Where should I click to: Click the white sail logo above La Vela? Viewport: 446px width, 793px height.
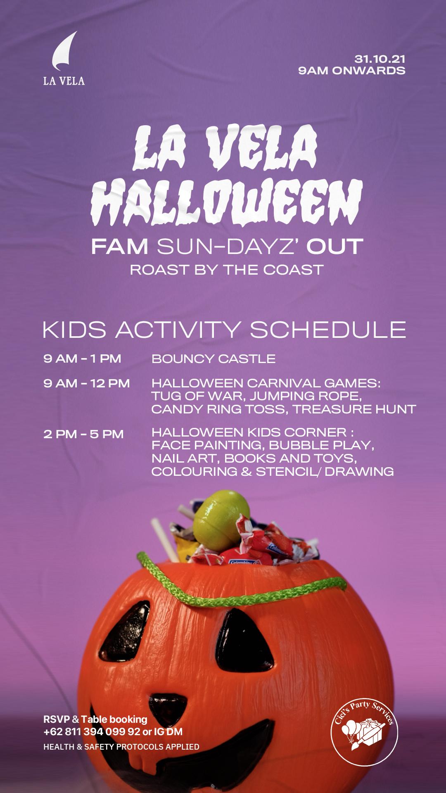(x=64, y=51)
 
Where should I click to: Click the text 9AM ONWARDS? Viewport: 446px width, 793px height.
(x=351, y=71)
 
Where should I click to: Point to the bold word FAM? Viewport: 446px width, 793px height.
(x=120, y=247)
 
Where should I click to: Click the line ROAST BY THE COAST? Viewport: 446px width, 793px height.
(x=227, y=270)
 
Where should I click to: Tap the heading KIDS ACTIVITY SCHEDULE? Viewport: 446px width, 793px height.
(x=224, y=329)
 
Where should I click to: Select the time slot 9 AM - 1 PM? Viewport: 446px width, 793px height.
(x=82, y=359)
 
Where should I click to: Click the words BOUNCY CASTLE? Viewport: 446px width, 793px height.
(x=214, y=359)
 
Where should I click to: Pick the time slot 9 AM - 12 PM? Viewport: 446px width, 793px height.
(x=87, y=383)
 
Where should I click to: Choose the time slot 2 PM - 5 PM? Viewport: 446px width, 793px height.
(x=83, y=434)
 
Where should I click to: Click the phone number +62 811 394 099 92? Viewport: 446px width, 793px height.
(x=92, y=732)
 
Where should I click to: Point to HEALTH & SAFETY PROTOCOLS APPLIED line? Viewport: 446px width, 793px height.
(x=121, y=747)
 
